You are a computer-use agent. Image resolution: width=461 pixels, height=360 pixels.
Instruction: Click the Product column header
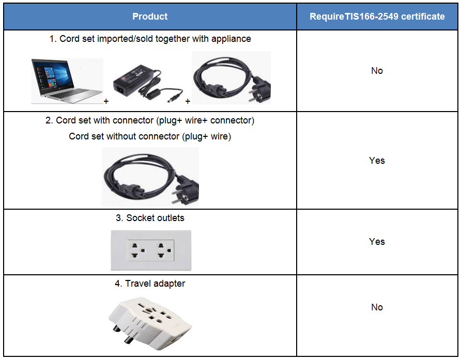tap(150, 17)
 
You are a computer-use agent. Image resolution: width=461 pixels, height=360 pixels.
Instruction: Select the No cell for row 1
tap(377, 71)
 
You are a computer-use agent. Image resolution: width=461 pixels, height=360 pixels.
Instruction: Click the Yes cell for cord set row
tap(377, 161)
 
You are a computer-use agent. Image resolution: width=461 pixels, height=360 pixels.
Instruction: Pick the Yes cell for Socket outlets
tap(377, 242)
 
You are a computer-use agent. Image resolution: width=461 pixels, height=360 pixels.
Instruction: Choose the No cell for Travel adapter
tap(377, 307)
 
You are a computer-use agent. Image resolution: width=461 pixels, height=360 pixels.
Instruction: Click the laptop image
tap(67, 81)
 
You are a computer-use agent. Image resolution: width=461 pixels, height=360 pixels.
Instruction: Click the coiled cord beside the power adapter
tap(232, 77)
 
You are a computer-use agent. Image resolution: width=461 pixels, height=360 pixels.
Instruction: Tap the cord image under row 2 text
tap(150, 177)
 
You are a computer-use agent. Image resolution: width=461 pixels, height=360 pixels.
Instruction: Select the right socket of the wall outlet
tap(164, 251)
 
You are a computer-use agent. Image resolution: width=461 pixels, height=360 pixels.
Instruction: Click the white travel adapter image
tap(150, 323)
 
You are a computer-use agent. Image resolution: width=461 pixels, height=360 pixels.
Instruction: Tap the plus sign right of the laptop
tap(106, 101)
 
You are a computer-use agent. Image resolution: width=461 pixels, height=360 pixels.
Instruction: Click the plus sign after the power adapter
tap(188, 101)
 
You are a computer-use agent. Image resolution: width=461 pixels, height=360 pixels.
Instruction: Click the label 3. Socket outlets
tap(150, 218)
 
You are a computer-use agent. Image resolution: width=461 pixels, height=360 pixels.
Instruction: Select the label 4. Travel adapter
tap(150, 284)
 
